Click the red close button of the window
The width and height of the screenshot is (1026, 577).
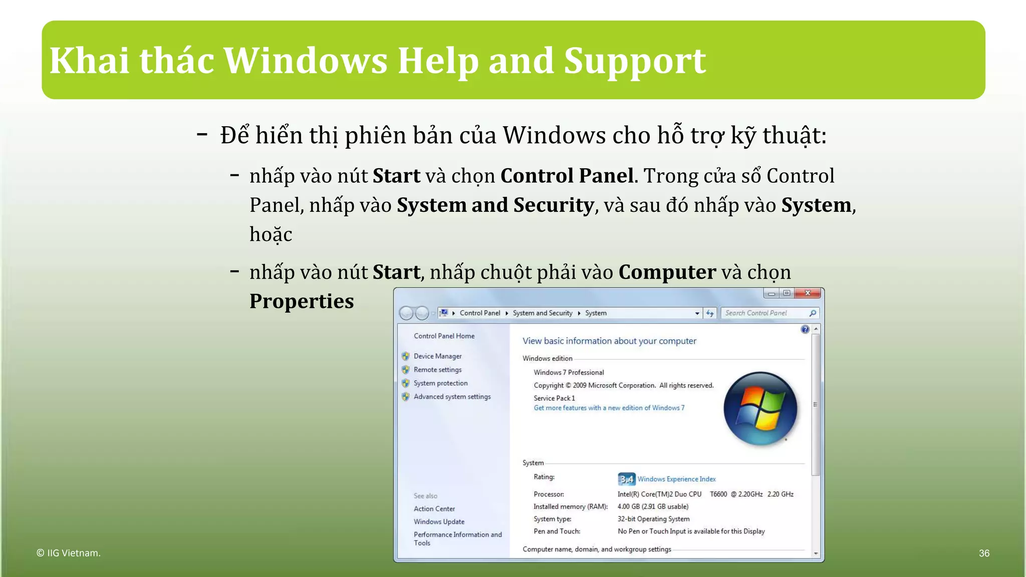(x=807, y=294)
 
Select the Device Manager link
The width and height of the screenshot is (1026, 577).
(x=437, y=356)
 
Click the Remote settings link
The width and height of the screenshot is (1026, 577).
(x=437, y=370)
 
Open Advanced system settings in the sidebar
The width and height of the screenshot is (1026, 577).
(x=452, y=397)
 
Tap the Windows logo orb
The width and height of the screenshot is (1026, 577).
(x=760, y=409)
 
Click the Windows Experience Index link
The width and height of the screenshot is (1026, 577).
(x=676, y=479)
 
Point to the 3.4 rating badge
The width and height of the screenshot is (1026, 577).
(x=626, y=479)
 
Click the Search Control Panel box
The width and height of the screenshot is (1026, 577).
(x=765, y=313)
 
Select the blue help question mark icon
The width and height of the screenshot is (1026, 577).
(x=805, y=330)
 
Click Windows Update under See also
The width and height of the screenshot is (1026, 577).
(x=439, y=522)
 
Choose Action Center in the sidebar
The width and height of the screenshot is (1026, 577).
(x=434, y=509)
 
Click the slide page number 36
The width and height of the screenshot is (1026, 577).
(x=984, y=553)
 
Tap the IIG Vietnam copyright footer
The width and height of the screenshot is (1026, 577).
(x=69, y=553)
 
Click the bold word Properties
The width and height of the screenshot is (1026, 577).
(x=302, y=301)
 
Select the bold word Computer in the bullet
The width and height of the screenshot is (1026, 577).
(x=667, y=272)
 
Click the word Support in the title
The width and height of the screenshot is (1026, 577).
(x=635, y=61)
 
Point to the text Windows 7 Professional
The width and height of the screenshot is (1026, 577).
(x=569, y=373)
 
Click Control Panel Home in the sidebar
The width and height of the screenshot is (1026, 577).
(x=444, y=336)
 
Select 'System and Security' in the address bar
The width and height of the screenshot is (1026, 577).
(x=542, y=313)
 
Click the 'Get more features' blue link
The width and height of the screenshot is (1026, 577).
(x=609, y=408)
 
